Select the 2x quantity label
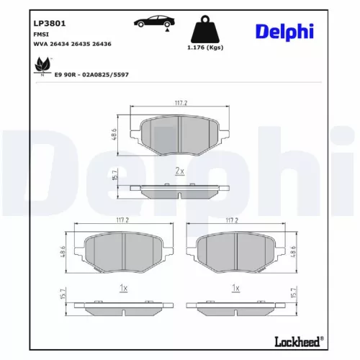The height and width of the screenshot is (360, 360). (180, 171)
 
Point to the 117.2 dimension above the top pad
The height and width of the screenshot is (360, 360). (180, 103)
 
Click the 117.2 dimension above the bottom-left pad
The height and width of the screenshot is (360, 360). (122, 220)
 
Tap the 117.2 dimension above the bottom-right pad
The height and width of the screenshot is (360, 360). (233, 220)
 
